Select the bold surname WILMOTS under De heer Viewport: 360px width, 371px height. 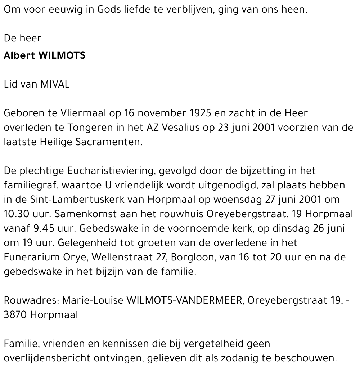[62, 56]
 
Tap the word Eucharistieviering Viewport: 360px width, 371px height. [107, 171]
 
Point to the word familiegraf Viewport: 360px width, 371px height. [31, 185]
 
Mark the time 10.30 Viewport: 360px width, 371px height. [16, 214]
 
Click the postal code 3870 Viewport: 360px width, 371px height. [15, 314]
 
